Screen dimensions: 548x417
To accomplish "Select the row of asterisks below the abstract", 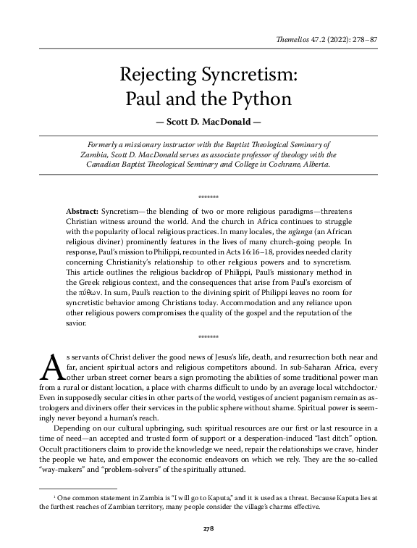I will [x=208, y=337].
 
